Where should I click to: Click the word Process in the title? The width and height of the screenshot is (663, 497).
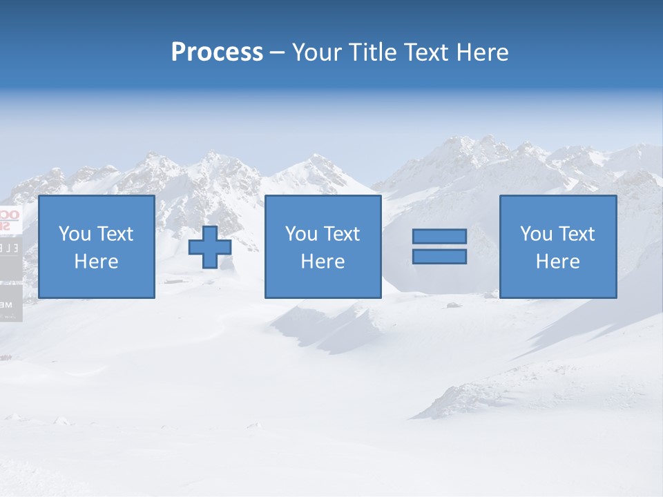coord(217,52)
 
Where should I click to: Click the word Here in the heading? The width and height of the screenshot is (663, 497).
coord(483,52)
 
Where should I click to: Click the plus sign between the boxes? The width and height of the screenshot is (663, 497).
coord(210,247)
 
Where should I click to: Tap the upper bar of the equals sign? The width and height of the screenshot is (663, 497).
coord(439,237)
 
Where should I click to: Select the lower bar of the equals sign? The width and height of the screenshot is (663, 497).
coord(439,256)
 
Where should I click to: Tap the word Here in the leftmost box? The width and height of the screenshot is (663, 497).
coord(96,262)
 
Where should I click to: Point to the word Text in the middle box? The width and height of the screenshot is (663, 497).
coord(342,234)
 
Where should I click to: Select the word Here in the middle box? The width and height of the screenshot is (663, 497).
coord(323,262)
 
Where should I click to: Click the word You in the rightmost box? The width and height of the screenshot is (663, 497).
coord(537,234)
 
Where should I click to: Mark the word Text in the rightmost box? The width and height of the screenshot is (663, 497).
coord(577,234)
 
